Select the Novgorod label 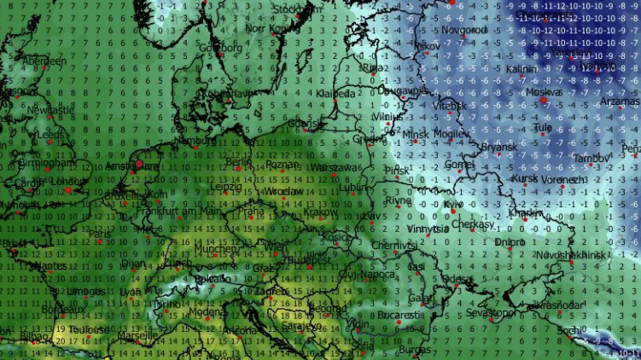tap(465, 30)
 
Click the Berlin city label tap(240, 161)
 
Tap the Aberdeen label tap(44, 61)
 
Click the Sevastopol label tap(490, 313)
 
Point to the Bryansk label tap(498, 148)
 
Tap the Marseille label tap(135, 335)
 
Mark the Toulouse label tap(90, 329)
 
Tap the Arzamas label tap(619, 102)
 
